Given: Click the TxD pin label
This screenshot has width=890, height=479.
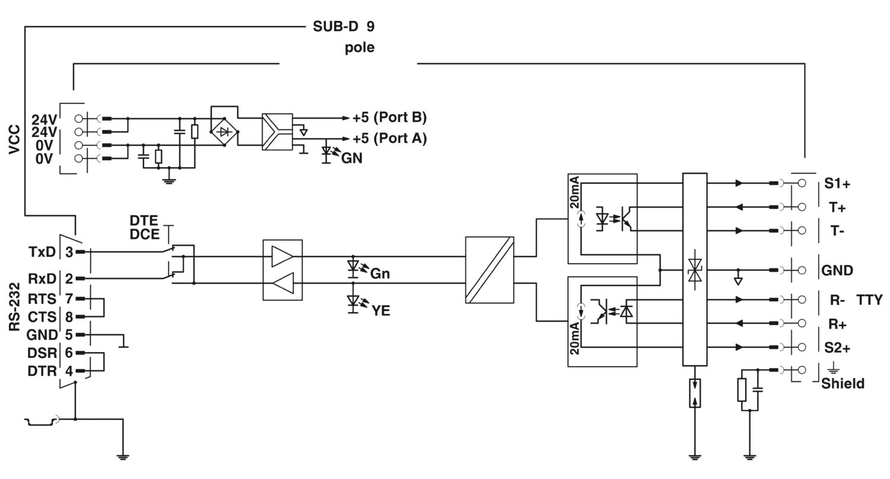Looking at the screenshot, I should (42, 252).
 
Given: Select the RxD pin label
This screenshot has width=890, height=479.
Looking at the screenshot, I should (42, 278).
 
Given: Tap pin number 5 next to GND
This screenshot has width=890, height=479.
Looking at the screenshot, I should (69, 335).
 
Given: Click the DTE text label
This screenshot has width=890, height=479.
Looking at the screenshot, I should (144, 221).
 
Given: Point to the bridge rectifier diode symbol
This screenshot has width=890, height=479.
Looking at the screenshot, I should (224, 131).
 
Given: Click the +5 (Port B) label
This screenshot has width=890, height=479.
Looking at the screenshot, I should (389, 117).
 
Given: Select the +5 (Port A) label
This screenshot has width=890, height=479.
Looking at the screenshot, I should (389, 138).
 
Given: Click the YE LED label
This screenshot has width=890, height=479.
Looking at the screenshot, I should (380, 310).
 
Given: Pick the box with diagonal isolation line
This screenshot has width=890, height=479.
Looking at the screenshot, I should (490, 269).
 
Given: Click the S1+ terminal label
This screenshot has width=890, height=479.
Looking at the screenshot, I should (837, 184).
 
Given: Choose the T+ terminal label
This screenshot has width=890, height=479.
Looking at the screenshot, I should (837, 207).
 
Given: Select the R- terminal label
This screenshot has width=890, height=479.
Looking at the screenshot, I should (837, 300).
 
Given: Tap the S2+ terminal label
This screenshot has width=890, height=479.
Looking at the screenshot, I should (837, 348).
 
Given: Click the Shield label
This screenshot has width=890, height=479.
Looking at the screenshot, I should (843, 383).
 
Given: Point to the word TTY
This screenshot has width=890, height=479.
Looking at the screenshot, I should (869, 300).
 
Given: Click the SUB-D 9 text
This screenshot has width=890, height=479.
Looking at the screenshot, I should (344, 27).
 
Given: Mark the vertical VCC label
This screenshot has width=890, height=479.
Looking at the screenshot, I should (15, 139).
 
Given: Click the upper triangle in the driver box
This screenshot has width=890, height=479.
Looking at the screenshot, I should (282, 256).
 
